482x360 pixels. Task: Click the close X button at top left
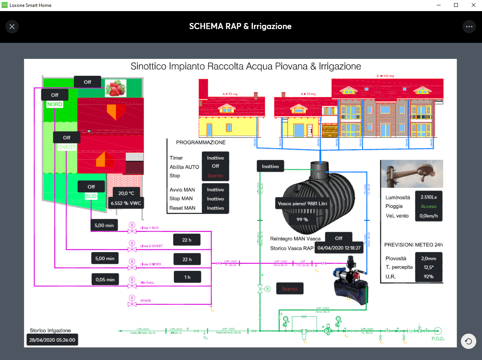(x=12, y=26)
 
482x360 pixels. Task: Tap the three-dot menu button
(x=469, y=26)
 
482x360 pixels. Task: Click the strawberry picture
(x=115, y=88)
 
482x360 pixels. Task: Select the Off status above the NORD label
(x=55, y=95)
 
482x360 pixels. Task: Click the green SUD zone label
(x=91, y=196)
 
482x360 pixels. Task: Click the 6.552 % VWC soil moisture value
(x=126, y=203)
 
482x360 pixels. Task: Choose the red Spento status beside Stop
(x=215, y=176)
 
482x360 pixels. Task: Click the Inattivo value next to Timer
(x=215, y=158)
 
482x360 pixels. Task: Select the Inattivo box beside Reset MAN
(x=215, y=208)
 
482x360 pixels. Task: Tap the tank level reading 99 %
(x=302, y=220)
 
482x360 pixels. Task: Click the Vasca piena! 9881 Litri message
(x=302, y=204)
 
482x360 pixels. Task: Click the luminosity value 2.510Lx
(x=429, y=197)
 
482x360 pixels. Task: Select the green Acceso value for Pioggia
(x=429, y=207)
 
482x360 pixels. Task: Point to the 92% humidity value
(x=429, y=276)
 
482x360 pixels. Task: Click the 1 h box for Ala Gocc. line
(x=187, y=277)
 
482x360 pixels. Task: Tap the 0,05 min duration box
(x=105, y=279)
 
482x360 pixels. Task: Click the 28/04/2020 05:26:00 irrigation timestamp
(x=52, y=339)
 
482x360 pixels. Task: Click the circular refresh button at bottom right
(x=468, y=341)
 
